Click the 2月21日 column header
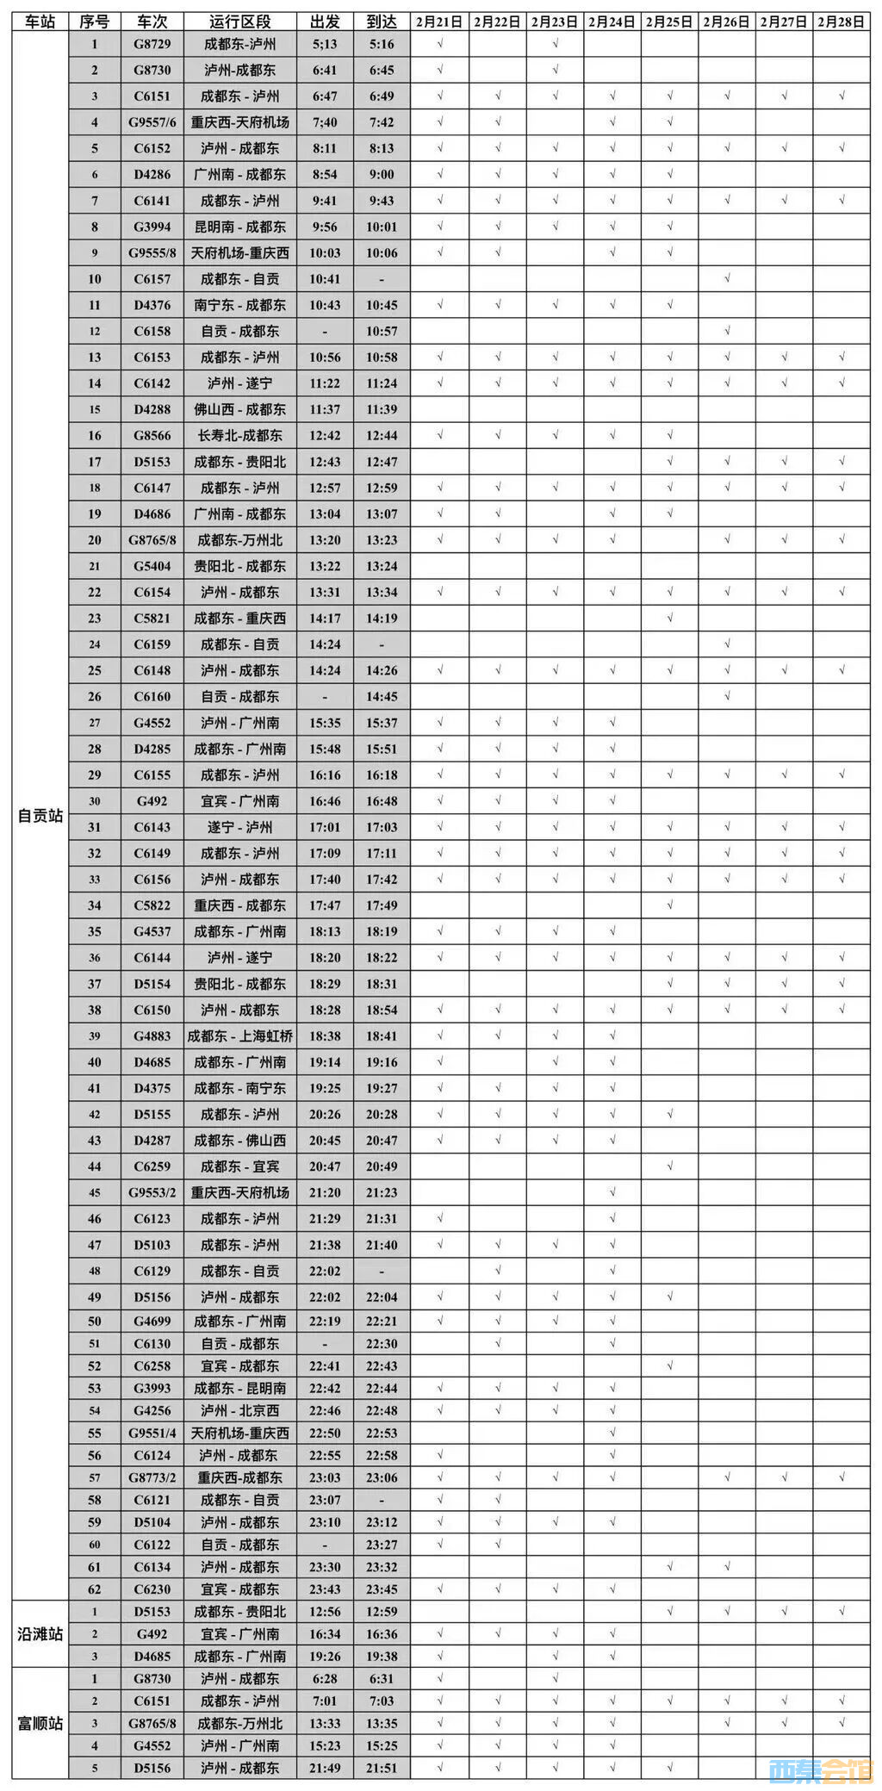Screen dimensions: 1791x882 click(x=439, y=22)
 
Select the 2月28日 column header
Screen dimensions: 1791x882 click(x=841, y=22)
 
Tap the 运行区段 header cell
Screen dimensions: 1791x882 click(x=239, y=22)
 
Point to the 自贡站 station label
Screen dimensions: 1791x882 click(x=40, y=815)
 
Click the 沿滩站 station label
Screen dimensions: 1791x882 click(x=40, y=1633)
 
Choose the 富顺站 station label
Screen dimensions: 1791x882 click(x=40, y=1723)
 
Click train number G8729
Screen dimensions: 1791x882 click(x=152, y=44)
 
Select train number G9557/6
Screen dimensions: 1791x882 click(x=152, y=122)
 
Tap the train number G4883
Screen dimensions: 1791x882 click(x=152, y=1035)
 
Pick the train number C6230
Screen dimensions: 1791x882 click(x=152, y=1589)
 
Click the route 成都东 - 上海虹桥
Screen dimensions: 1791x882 click(x=239, y=1035)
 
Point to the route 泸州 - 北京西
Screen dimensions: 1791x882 click(x=239, y=1410)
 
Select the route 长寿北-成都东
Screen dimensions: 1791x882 click(x=239, y=435)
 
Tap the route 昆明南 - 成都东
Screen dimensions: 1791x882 click(x=239, y=227)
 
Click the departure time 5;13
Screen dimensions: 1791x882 click(x=325, y=44)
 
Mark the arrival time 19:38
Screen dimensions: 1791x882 click(x=382, y=1656)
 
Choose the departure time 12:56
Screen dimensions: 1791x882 click(x=325, y=1611)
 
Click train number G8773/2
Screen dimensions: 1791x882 click(x=152, y=1477)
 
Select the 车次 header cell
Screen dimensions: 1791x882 click(x=152, y=22)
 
